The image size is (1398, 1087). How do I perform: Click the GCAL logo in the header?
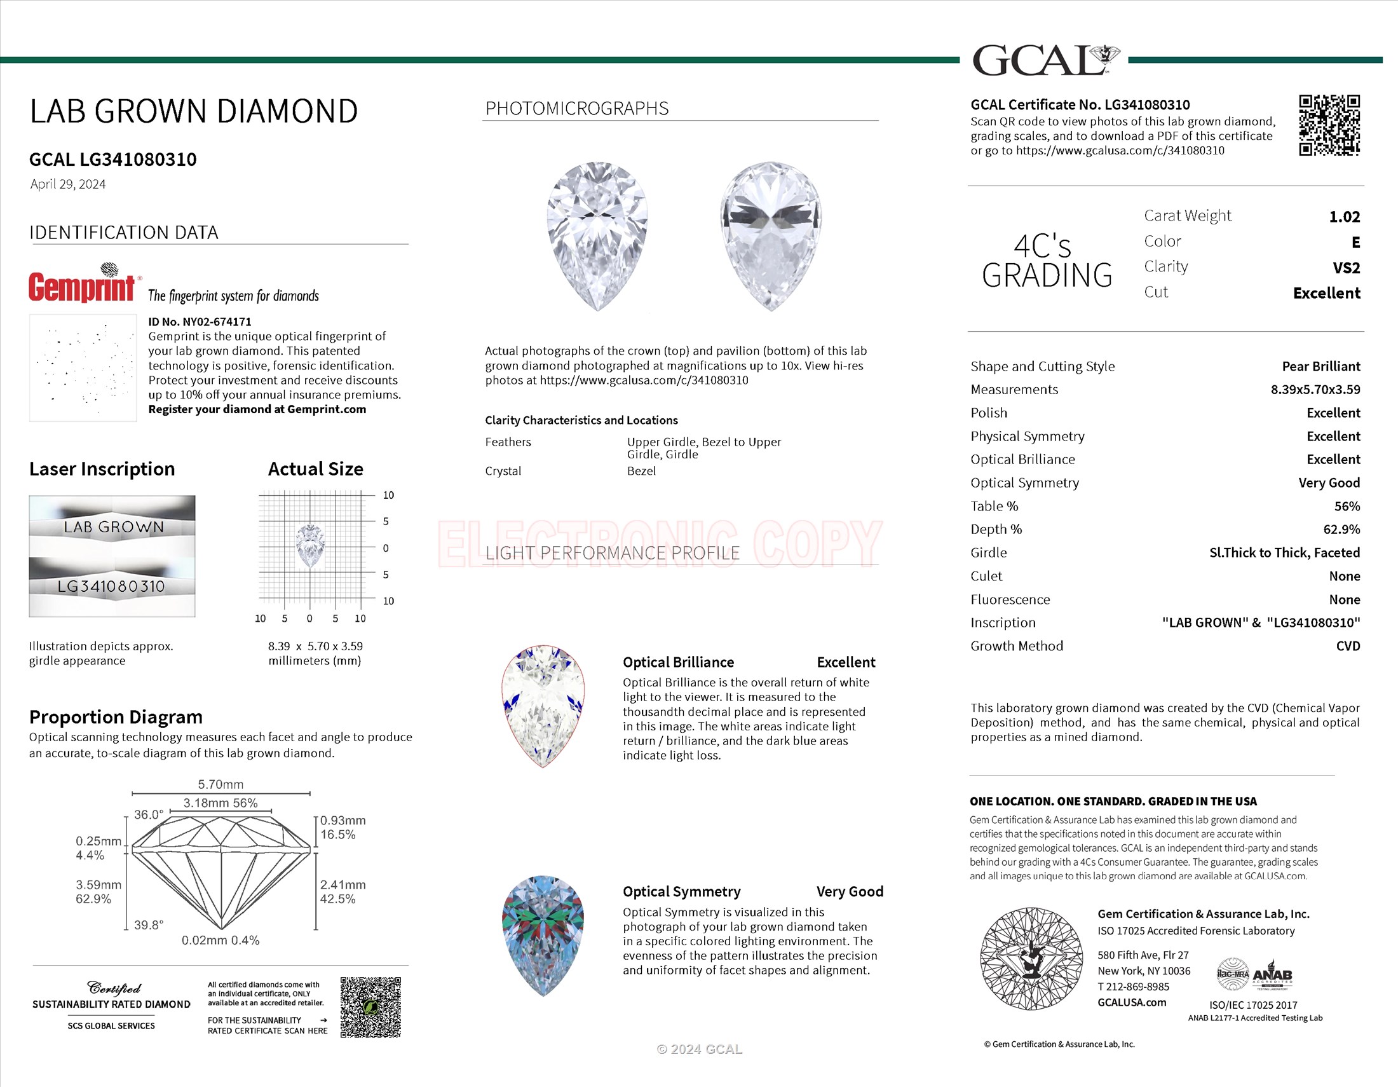click(1045, 60)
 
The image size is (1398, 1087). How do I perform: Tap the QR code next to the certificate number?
click(1329, 125)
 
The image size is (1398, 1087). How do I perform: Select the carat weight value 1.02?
click(1343, 217)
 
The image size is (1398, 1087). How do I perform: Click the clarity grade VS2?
click(1345, 268)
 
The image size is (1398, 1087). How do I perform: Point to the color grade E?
click(1355, 243)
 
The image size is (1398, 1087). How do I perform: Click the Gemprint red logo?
click(82, 286)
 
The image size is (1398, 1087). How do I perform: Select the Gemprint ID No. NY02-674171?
click(200, 322)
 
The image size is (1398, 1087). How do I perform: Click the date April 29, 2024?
click(68, 184)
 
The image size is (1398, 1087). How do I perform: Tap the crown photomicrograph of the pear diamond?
click(597, 236)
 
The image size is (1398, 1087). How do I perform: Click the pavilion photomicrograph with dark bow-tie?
click(771, 236)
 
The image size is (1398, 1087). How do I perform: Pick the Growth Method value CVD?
click(1347, 646)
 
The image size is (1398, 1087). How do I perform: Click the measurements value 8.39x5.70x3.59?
click(1315, 389)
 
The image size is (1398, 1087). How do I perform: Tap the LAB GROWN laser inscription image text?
click(113, 527)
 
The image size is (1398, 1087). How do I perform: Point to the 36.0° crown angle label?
click(149, 814)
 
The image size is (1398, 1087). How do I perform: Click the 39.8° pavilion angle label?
click(149, 925)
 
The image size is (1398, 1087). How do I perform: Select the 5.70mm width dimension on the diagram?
click(221, 784)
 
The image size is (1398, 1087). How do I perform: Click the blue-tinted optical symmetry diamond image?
click(542, 935)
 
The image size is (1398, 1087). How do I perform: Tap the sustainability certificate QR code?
click(370, 1007)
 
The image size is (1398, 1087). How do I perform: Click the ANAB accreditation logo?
click(1272, 975)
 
